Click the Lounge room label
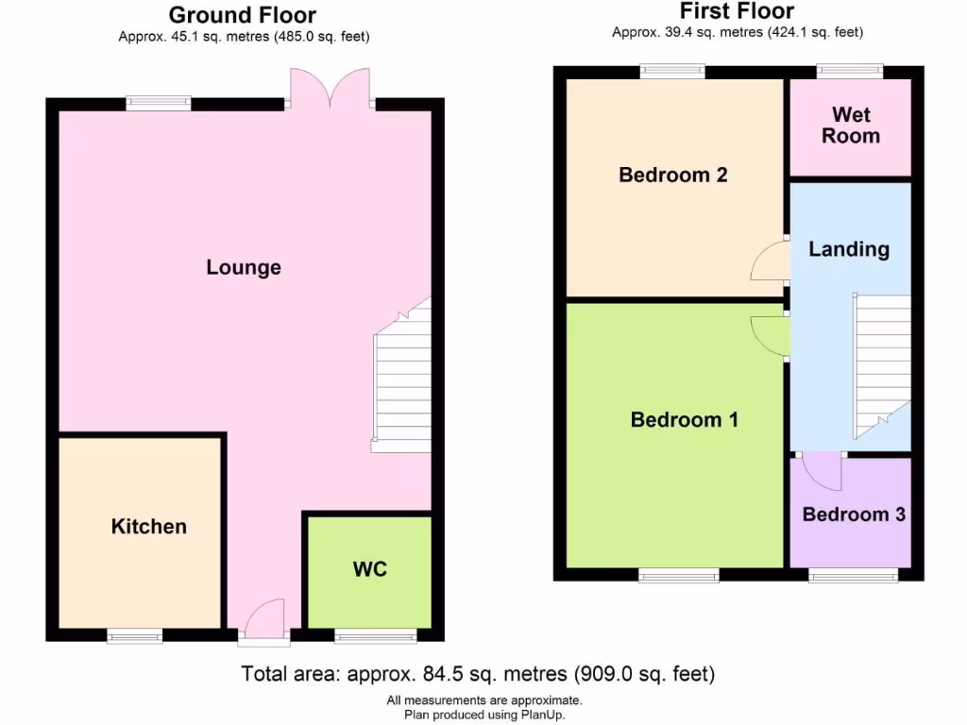(x=244, y=267)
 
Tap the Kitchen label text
(x=149, y=526)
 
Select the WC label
(x=370, y=569)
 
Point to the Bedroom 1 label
(x=684, y=419)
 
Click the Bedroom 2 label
(x=672, y=175)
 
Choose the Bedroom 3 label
(x=854, y=514)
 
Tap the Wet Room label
(x=850, y=126)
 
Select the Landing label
(x=849, y=249)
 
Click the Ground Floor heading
(x=243, y=15)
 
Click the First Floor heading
(x=737, y=11)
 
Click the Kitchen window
(x=134, y=637)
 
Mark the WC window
(x=375, y=637)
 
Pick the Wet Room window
(x=850, y=69)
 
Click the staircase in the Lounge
(x=402, y=382)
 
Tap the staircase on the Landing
(x=882, y=363)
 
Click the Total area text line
(x=478, y=674)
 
